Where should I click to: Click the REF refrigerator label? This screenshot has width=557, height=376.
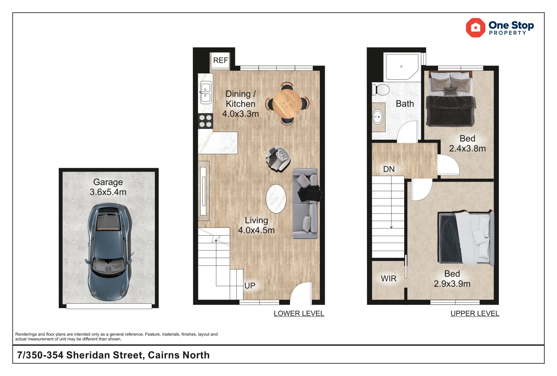point(221,61)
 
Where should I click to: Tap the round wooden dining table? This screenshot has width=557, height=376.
point(287,103)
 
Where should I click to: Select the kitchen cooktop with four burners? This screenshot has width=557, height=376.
point(205,121)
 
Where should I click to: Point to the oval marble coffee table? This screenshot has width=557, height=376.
point(276,199)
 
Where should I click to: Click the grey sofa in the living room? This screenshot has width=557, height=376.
point(305,203)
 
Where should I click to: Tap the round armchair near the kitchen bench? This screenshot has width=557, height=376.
point(278,159)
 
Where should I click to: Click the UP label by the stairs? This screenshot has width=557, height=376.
point(250,286)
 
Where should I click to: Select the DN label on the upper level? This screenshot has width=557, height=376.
point(389,169)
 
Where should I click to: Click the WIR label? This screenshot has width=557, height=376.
point(389,279)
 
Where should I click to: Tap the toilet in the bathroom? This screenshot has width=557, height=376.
point(381,89)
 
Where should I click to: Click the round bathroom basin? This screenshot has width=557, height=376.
point(377,117)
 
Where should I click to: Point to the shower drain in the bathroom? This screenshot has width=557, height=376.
point(401,66)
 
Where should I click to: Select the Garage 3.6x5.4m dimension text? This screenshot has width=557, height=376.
point(108,187)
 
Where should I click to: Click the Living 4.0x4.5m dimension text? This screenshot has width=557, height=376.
point(256,225)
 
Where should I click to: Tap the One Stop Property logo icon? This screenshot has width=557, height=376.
point(476,28)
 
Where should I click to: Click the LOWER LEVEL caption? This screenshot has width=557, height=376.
point(299,313)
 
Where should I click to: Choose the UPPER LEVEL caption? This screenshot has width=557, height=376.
point(475,313)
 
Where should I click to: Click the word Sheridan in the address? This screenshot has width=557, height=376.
point(105,355)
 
